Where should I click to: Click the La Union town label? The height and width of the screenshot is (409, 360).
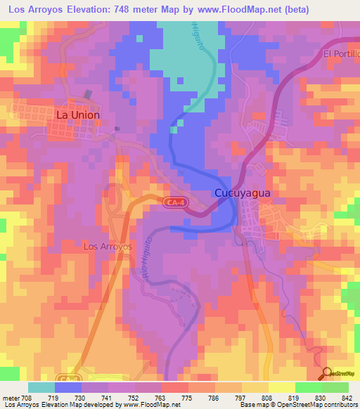(77, 115)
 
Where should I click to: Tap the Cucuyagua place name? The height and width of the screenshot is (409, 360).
(242, 193)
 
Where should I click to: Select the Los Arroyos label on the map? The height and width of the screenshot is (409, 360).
(108, 247)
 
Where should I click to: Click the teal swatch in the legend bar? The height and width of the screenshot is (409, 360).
(41, 387)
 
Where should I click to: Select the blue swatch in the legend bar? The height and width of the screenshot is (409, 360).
(68, 387)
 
